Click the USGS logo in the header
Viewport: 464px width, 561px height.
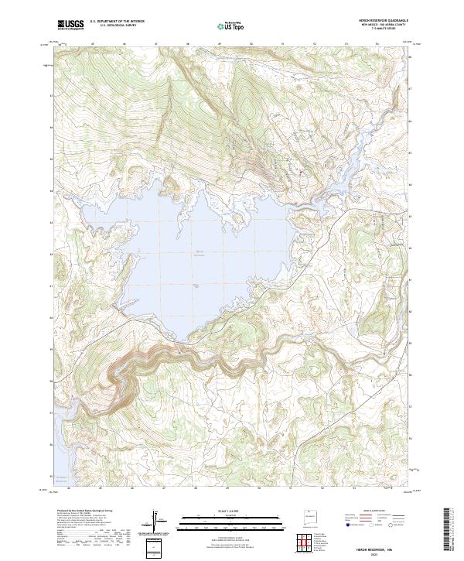[70, 25]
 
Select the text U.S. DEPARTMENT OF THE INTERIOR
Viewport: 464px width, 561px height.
[117, 22]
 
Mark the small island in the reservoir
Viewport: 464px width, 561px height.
[198, 286]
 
